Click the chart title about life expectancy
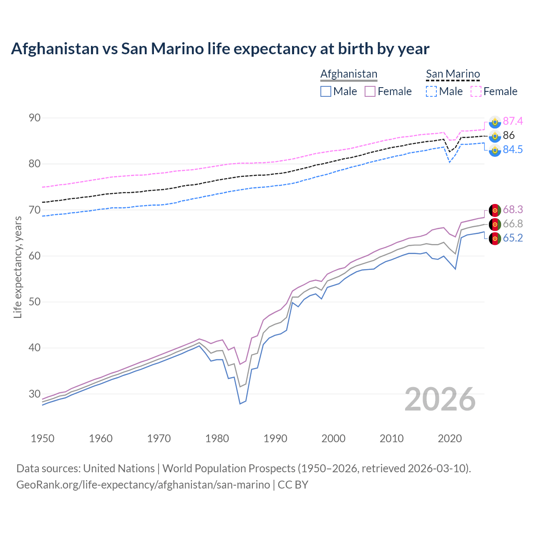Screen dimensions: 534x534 click(x=220, y=49)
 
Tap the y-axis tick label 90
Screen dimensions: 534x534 click(x=35, y=118)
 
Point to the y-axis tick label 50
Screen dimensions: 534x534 click(x=35, y=302)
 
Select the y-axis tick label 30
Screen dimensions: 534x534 click(x=35, y=394)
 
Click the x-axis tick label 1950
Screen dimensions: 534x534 click(x=43, y=438)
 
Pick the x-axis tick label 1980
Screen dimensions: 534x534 click(x=217, y=438)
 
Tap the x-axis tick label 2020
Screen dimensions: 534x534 click(x=449, y=438)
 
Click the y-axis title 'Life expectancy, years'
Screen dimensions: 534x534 click(x=18, y=267)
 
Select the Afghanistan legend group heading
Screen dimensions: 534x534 click(x=349, y=74)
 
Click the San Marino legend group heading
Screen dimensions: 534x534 click(x=453, y=74)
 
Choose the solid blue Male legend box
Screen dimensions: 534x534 click(x=326, y=91)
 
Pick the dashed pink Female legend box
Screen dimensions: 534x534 click(x=476, y=91)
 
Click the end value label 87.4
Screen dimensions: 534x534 click(x=513, y=121)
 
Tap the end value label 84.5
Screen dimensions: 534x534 click(x=513, y=150)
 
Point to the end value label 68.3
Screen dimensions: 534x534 click(x=513, y=209)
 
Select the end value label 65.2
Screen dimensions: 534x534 click(x=513, y=238)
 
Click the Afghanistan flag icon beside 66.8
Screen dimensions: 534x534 click(x=495, y=224)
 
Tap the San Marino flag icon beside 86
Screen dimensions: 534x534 click(x=495, y=136)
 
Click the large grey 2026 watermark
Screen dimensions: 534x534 click(x=440, y=399)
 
